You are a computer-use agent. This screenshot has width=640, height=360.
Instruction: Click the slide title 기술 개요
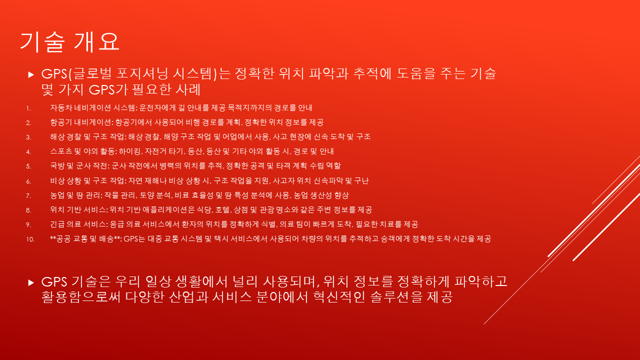pyautogui.click(x=69, y=42)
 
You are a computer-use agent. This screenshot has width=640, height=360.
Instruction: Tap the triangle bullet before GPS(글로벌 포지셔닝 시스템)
pyautogui.click(x=31, y=75)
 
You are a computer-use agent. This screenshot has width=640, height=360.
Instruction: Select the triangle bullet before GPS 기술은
pyautogui.click(x=31, y=283)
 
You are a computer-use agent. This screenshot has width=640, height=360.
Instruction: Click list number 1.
pyautogui.click(x=28, y=108)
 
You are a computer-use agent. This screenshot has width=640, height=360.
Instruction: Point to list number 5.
pyautogui.click(x=28, y=166)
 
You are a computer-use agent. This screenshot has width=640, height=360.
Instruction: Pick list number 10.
pyautogui.click(x=30, y=239)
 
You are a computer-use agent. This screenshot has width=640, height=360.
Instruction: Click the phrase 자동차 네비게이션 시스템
pyautogui.click(x=92, y=107)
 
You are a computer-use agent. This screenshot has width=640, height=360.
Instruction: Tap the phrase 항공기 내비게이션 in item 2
pyautogui.click(x=81, y=122)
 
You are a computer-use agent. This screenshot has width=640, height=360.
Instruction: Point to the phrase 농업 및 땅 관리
pyautogui.click(x=75, y=195)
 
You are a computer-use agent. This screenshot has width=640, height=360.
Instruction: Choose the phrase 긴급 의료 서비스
pyautogui.click(x=78, y=224)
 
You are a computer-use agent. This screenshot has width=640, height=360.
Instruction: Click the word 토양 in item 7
pyautogui.click(x=147, y=195)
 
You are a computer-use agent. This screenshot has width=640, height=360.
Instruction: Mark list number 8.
pyautogui.click(x=28, y=210)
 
